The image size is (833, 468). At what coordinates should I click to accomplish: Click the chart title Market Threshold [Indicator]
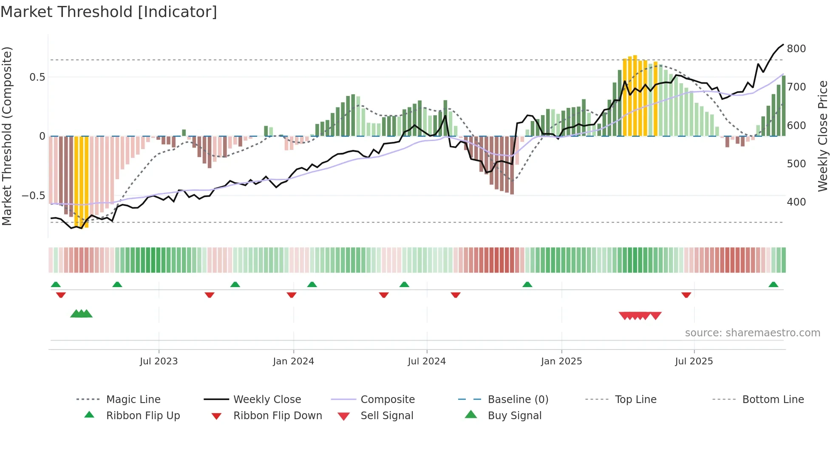tap(109, 12)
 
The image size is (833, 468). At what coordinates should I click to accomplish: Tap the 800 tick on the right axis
tap(796, 49)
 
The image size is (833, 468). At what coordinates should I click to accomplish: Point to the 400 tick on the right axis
tap(796, 202)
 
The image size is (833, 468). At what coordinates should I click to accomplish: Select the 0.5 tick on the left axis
tap(37, 77)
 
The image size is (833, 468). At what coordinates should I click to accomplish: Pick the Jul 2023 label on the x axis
tap(159, 361)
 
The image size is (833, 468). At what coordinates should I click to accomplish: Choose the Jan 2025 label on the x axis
tap(561, 361)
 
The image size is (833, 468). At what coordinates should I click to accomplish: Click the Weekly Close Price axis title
tap(823, 136)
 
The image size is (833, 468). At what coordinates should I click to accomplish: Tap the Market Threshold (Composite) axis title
tap(7, 136)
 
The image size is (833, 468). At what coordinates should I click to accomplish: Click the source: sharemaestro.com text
tap(752, 333)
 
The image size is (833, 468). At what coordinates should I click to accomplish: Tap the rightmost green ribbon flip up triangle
tap(773, 285)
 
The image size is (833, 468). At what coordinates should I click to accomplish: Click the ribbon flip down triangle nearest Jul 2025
tap(686, 295)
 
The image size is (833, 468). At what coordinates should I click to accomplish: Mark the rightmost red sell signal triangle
tap(656, 316)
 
